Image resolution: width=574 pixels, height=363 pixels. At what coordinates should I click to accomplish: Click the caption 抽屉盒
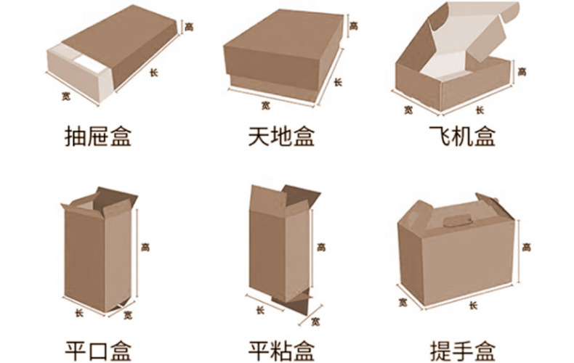tap(98, 136)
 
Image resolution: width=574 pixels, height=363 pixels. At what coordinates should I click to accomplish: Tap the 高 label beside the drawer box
tap(189, 27)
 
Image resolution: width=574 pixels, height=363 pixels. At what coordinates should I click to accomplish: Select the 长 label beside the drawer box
tap(153, 72)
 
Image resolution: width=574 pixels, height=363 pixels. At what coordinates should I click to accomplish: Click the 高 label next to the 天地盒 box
tap(354, 26)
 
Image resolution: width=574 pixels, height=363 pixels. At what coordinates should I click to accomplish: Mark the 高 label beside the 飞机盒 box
tap(523, 71)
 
